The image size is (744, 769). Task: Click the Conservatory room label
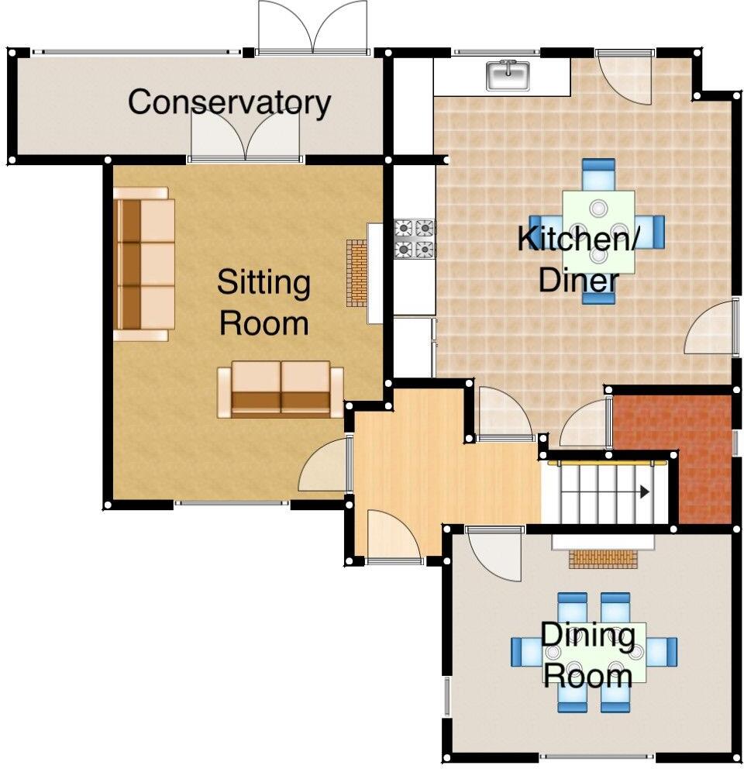(229, 102)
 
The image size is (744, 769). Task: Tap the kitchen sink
(508, 75)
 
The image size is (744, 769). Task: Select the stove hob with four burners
(415, 239)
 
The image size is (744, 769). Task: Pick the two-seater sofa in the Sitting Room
(281, 389)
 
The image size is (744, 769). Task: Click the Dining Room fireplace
(602, 558)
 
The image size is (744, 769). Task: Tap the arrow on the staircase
(643, 491)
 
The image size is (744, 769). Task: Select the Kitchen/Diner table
(598, 232)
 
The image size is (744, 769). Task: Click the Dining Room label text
(587, 656)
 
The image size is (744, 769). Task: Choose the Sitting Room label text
(263, 302)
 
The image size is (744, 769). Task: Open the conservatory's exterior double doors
(312, 27)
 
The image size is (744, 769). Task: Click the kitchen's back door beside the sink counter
(625, 78)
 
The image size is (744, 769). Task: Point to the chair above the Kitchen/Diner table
(598, 174)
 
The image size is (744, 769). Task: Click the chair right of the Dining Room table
(663, 651)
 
